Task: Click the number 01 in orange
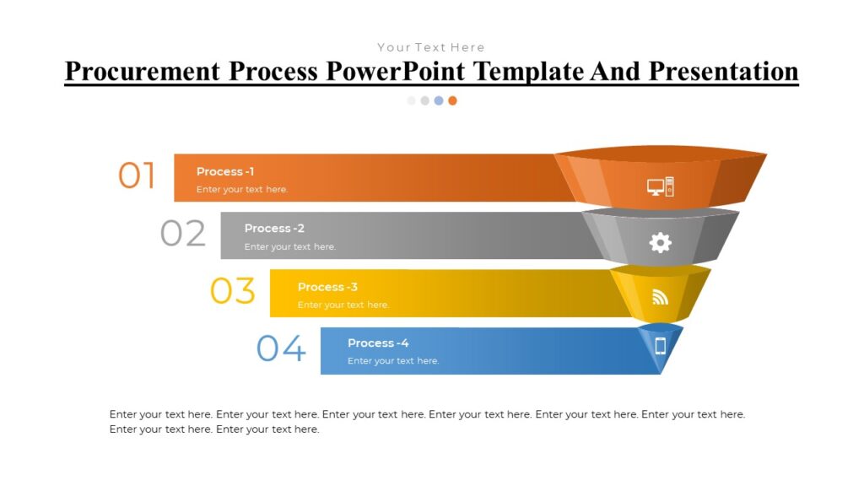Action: tap(137, 176)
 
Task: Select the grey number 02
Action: tap(183, 234)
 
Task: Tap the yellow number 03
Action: tap(232, 291)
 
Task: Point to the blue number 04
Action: tap(281, 348)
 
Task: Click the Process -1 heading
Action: tap(225, 171)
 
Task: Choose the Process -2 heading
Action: tap(274, 228)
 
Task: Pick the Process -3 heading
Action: tap(327, 287)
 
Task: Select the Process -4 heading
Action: tap(378, 343)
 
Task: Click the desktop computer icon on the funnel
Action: tap(661, 186)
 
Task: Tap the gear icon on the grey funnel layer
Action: tap(660, 243)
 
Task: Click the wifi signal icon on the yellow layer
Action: tap(660, 297)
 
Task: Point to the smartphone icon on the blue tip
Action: tap(661, 345)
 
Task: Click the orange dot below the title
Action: tap(452, 100)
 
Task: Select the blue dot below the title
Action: tap(439, 100)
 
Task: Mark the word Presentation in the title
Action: tap(723, 71)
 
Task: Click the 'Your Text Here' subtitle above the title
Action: tap(431, 47)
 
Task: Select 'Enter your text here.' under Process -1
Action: tap(242, 189)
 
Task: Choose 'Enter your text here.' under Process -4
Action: tap(393, 361)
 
